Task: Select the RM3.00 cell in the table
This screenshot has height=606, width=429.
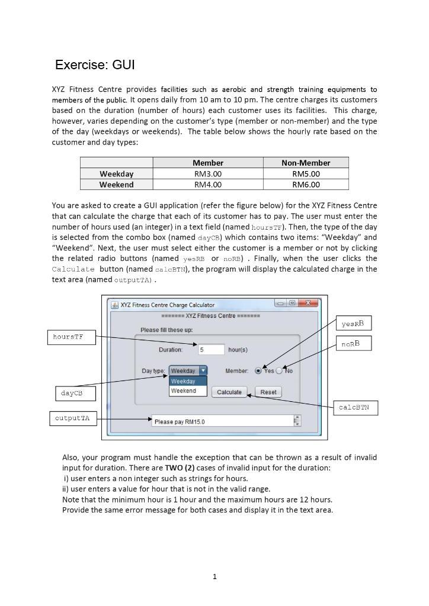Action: click(x=208, y=174)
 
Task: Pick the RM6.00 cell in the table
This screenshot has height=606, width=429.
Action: click(x=306, y=185)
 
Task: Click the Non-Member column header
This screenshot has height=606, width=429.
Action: click(x=306, y=163)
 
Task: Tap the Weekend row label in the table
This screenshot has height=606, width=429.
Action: click(x=116, y=185)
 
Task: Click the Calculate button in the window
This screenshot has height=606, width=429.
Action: click(x=229, y=392)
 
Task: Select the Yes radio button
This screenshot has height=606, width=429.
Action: click(x=258, y=371)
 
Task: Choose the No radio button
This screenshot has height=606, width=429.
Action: click(x=279, y=371)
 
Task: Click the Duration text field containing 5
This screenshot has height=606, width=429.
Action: click(x=211, y=350)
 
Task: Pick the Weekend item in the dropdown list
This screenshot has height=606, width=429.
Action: click(x=184, y=391)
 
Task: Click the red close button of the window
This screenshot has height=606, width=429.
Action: click(x=307, y=304)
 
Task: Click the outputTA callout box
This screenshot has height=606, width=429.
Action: click(x=72, y=418)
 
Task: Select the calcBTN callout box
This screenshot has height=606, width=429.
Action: click(x=354, y=407)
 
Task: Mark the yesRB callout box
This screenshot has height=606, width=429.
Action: click(x=353, y=323)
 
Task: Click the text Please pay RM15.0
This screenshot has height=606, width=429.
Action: click(x=180, y=422)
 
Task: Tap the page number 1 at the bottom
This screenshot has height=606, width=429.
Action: click(x=214, y=576)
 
